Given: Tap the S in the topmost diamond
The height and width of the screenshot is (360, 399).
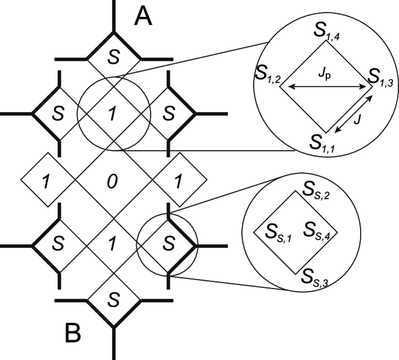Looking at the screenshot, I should click(113, 56).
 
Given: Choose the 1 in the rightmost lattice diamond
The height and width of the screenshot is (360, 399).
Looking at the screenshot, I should click(179, 180).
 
